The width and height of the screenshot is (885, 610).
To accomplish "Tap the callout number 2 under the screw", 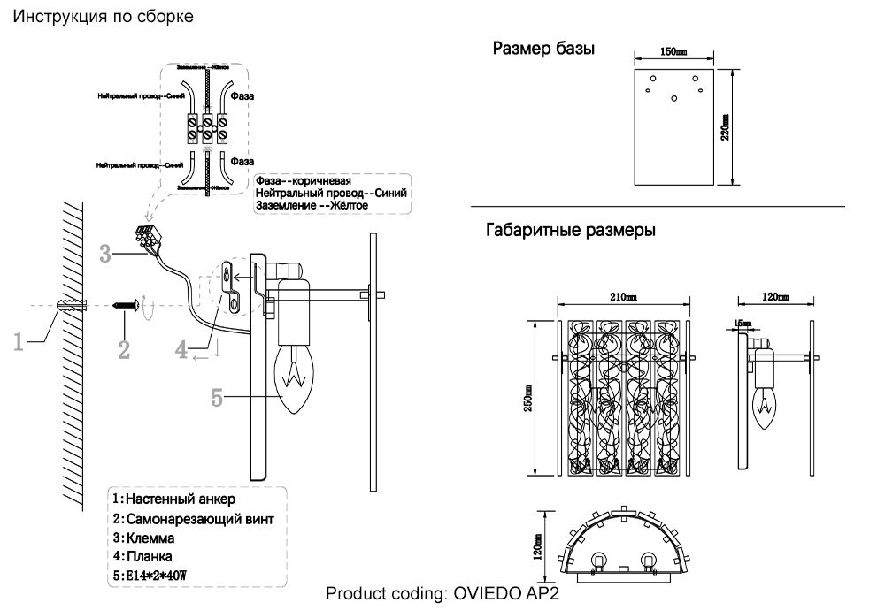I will coord(124,349).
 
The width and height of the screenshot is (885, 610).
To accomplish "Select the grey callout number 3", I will coord(106,255).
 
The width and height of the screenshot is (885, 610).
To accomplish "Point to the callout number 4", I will coord(181,349).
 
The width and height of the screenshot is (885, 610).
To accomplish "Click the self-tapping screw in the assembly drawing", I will coord(127,305).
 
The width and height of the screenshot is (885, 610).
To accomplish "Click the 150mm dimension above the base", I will coord(674,54).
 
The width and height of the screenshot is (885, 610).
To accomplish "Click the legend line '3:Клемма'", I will coord(142,538).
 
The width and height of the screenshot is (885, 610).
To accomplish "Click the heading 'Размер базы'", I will coord(543,49).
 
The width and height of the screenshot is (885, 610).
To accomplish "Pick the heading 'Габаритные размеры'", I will coord(571,232).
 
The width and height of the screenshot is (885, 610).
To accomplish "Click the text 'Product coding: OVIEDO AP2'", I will coord(442,593).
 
